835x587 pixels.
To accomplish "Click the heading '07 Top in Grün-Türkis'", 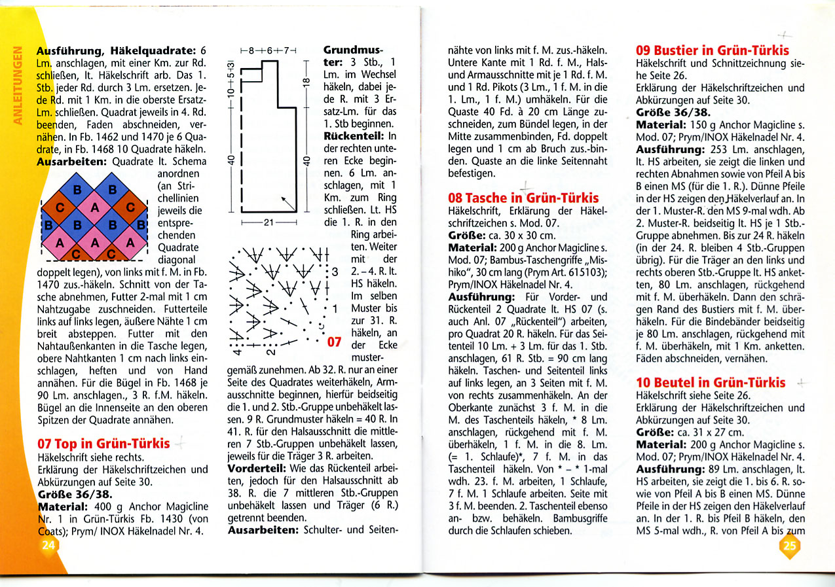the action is (104, 443).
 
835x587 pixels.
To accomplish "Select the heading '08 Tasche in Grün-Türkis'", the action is (523, 198).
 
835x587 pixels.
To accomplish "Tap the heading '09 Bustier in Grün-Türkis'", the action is (713, 50).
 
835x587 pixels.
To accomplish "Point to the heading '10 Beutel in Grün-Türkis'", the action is (711, 382).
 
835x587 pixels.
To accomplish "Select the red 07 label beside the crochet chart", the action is (335, 342).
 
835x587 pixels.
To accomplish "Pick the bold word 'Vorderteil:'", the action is (258, 469).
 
